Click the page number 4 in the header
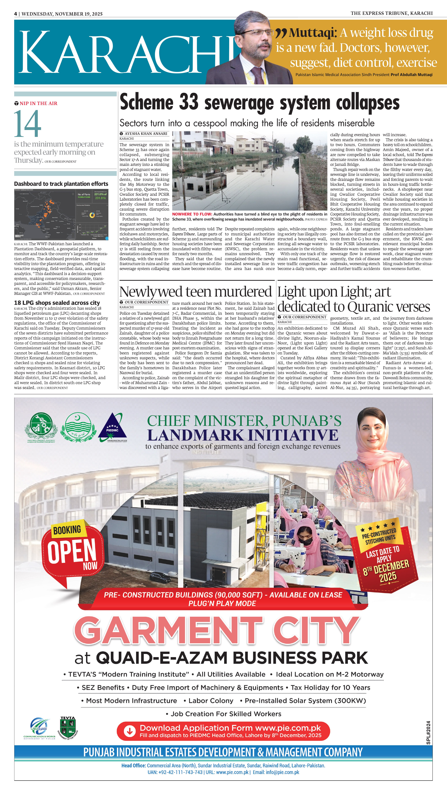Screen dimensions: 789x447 (x=15, y=14)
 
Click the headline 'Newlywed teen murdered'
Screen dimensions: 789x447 (x=196, y=292)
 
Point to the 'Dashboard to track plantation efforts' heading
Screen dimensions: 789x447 (x=61, y=184)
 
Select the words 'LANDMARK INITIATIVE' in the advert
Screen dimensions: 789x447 (x=243, y=435)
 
